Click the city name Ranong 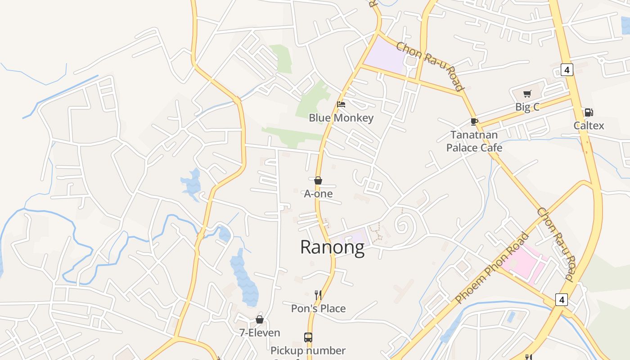pyautogui.click(x=332, y=247)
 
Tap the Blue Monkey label pyautogui.click(x=341, y=118)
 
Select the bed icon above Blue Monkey pyautogui.click(x=341, y=104)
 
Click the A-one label pyautogui.click(x=318, y=193)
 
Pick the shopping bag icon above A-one pyautogui.click(x=318, y=180)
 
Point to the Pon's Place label pyautogui.click(x=318, y=308)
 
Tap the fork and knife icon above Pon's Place pyautogui.click(x=318, y=295)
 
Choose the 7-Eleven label pyautogui.click(x=260, y=333)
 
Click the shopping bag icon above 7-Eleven pyautogui.click(x=260, y=319)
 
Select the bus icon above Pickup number pyautogui.click(x=308, y=337)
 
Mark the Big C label pyautogui.click(x=527, y=107)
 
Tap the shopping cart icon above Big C pyautogui.click(x=527, y=94)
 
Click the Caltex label pyautogui.click(x=589, y=126)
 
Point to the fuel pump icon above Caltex pyautogui.click(x=589, y=112)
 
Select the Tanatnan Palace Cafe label pyautogui.click(x=474, y=141)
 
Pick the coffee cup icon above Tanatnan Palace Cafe pyautogui.click(x=474, y=121)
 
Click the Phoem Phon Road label pyautogui.click(x=492, y=268)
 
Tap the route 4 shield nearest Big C pyautogui.click(x=567, y=70)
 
